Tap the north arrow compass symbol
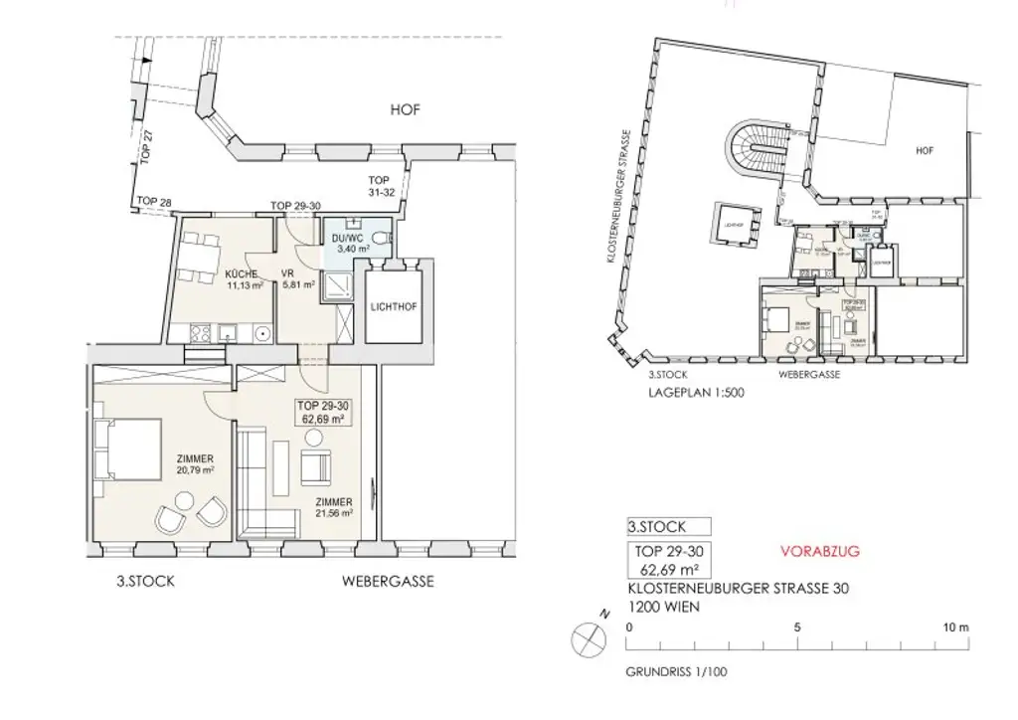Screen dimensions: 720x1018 pyautogui.click(x=589, y=636)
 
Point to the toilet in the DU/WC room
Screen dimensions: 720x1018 pyautogui.click(x=384, y=239)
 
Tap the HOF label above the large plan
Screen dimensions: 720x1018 pyautogui.click(x=405, y=110)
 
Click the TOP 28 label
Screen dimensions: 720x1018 pyautogui.click(x=154, y=202)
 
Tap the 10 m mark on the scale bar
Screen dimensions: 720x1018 pyautogui.click(x=956, y=628)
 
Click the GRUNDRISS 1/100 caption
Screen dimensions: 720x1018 pyautogui.click(x=676, y=672)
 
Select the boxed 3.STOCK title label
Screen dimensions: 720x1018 pyautogui.click(x=669, y=527)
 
